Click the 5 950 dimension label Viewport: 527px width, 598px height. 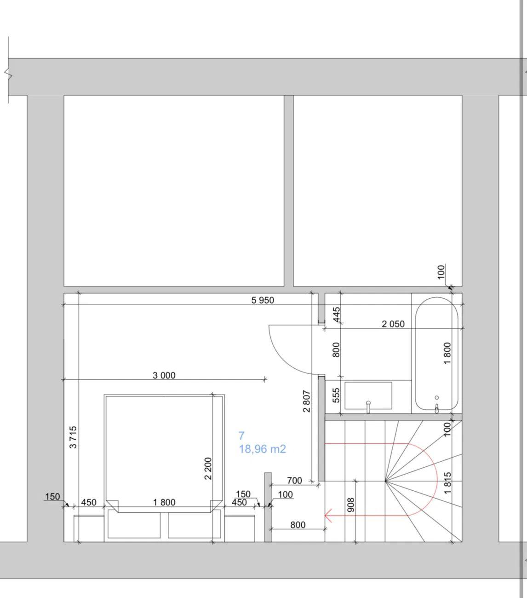tap(263, 300)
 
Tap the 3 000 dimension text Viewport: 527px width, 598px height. tap(164, 376)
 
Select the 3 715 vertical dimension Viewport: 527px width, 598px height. tap(73, 437)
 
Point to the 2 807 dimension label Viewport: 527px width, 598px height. tap(306, 401)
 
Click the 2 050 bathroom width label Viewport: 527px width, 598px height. tap(393, 324)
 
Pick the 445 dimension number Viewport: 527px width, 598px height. tap(337, 315)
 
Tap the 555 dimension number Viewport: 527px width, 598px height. tap(336, 395)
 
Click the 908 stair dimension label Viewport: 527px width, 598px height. tap(351, 505)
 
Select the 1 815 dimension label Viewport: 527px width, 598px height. tap(447, 483)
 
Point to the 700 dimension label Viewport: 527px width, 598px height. tap(294, 481)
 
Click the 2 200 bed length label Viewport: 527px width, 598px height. tap(208, 469)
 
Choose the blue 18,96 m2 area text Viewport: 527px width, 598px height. tap(262, 449)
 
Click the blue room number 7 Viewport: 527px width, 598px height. tap(241, 435)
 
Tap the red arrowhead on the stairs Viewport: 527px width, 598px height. tap(328, 516)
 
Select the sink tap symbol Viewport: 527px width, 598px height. tap(368, 407)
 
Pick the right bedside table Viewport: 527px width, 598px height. tap(240, 528)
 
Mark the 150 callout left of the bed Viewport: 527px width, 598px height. tap(52, 496)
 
